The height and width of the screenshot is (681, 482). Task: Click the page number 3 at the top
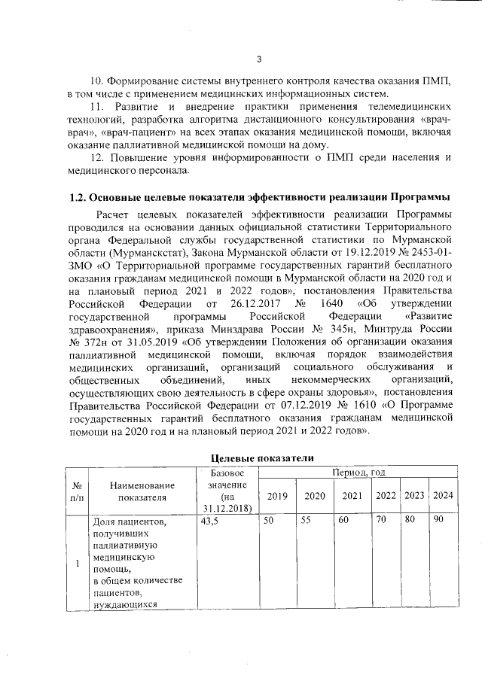tap(258, 59)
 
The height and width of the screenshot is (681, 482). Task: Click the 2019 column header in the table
tap(276, 495)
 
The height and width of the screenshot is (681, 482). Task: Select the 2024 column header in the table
tap(443, 495)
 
